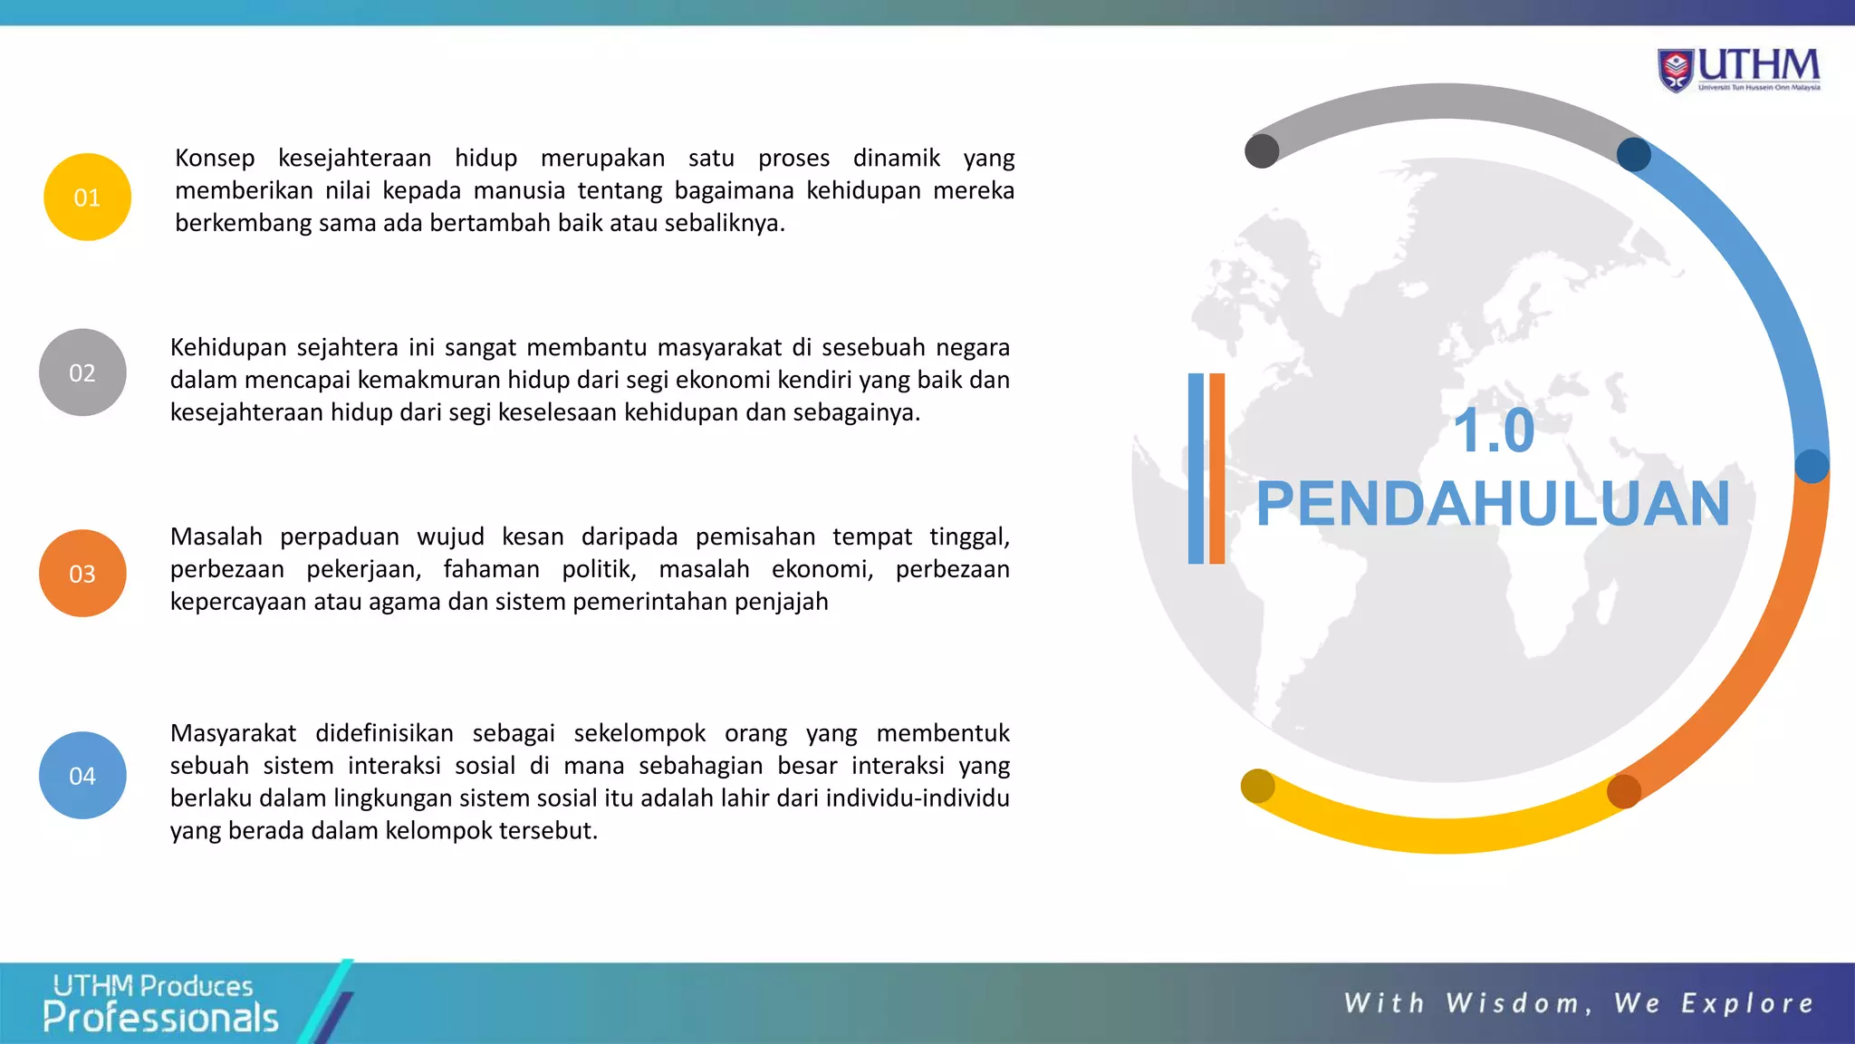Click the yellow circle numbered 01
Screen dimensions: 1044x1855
[x=87, y=197]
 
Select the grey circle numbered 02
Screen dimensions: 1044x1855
[x=82, y=372]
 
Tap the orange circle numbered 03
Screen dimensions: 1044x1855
[x=82, y=574]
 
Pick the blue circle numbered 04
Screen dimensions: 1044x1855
[x=82, y=776]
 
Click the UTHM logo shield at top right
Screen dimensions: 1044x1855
[x=1676, y=70]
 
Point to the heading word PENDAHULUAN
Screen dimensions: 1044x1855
[x=1493, y=504]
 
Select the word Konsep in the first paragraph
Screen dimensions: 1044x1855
[x=215, y=158]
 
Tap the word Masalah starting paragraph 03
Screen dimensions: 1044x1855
[x=216, y=536]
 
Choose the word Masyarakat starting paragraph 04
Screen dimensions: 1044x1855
[x=233, y=733]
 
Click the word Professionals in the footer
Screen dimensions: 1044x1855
[x=160, y=1019]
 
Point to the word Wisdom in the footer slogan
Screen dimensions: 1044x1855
[x=1512, y=1003]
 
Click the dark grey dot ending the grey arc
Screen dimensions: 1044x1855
[x=1262, y=151]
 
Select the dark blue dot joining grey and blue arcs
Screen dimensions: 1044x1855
[x=1634, y=154]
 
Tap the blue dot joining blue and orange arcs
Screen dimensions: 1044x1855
[x=1812, y=466]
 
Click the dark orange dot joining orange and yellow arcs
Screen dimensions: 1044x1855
[x=1623, y=791]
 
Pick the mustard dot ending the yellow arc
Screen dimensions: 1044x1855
[x=1257, y=786]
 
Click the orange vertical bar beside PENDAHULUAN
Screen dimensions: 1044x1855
[x=1216, y=469]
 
